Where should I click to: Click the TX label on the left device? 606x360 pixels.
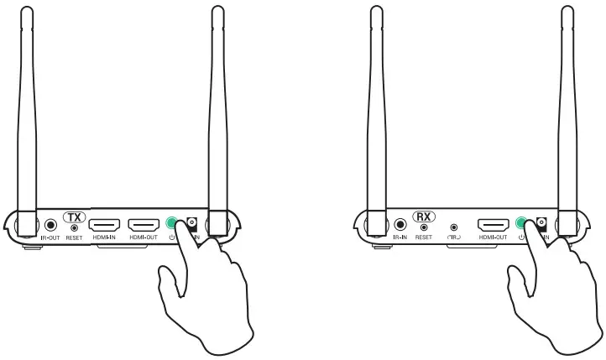[x=74, y=216]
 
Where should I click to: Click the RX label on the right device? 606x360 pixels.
[x=424, y=216]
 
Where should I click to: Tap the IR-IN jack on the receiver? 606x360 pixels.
[x=400, y=225]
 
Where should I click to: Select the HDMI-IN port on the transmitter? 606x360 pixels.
[x=104, y=225]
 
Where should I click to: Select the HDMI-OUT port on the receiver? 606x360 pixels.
[x=493, y=225]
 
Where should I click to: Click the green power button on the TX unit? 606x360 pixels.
[x=173, y=223]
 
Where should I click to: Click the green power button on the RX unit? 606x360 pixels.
[x=522, y=223]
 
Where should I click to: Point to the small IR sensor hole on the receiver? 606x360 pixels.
[x=454, y=226]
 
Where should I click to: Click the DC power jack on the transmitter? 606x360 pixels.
[x=192, y=224]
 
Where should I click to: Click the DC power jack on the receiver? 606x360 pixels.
[x=541, y=224]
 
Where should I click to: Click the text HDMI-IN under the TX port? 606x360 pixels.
[x=104, y=238]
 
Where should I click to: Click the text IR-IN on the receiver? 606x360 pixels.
[x=400, y=238]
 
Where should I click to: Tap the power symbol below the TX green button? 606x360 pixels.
[x=171, y=237]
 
